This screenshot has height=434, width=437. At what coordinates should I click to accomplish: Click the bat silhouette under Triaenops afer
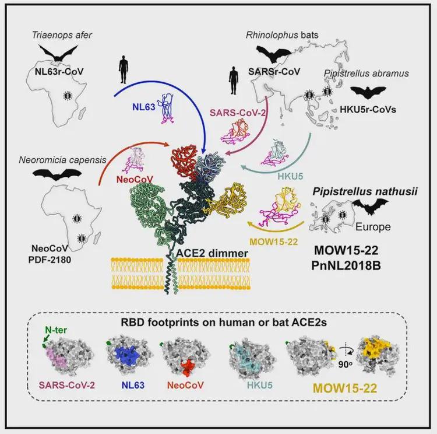tap(58, 53)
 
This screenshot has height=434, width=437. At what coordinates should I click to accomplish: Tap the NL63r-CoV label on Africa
tap(59, 72)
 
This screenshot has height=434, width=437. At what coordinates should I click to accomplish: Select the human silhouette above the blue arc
tap(123, 69)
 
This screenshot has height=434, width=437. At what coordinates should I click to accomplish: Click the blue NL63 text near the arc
tap(143, 107)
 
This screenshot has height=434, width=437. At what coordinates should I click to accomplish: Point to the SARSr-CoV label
tap(274, 72)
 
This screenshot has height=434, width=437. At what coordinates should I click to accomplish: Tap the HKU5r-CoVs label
tap(368, 110)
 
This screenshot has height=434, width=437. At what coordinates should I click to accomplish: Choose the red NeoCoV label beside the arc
tap(135, 179)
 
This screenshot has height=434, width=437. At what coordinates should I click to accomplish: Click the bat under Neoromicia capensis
tap(57, 174)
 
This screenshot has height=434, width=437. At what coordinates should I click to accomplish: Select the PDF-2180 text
tap(50, 260)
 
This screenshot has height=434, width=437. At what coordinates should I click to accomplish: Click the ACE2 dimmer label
tap(212, 253)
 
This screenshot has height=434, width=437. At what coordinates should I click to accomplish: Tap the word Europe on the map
tap(373, 227)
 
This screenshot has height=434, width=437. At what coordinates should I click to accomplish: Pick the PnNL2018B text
tap(346, 265)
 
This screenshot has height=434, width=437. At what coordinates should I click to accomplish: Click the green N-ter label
tap(56, 330)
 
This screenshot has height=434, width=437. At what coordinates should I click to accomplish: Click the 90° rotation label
tap(345, 365)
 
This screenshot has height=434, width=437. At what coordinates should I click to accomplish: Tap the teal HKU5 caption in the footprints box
tap(259, 386)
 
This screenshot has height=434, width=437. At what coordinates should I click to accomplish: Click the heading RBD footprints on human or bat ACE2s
tap(224, 323)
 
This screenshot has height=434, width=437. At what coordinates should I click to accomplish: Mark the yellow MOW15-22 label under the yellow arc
tap(274, 242)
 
